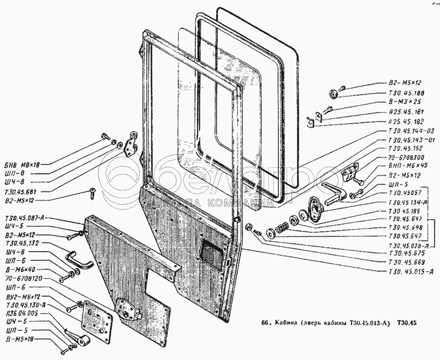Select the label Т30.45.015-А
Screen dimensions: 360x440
(x=412, y=271)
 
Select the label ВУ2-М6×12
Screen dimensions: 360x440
(x=23, y=297)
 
